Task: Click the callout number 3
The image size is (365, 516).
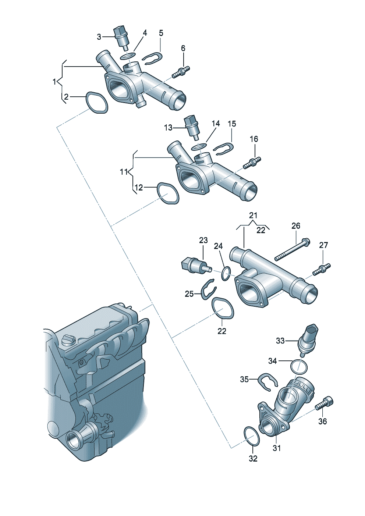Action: pyautogui.click(x=99, y=37)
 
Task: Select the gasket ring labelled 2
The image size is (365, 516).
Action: pyautogui.click(x=97, y=103)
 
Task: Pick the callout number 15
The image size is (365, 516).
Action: pyautogui.click(x=232, y=124)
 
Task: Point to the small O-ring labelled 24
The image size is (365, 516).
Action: pyautogui.click(x=226, y=273)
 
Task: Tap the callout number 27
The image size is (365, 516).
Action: pyautogui.click(x=323, y=245)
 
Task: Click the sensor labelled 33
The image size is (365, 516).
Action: pyautogui.click(x=307, y=340)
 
